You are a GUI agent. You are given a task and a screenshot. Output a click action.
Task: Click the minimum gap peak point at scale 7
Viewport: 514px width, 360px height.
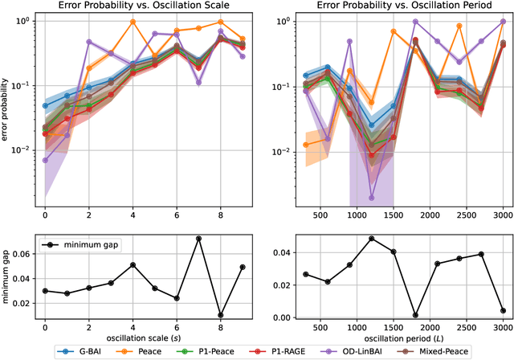tap(198, 239)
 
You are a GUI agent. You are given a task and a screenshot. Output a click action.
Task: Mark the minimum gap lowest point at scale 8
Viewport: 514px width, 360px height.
tap(220, 315)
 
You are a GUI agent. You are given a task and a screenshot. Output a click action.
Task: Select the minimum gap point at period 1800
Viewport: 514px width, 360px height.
tap(415, 315)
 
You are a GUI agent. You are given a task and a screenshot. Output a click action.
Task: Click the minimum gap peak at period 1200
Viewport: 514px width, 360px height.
tap(371, 239)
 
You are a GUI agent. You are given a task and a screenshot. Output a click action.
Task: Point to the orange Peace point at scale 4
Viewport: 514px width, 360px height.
tap(133, 22)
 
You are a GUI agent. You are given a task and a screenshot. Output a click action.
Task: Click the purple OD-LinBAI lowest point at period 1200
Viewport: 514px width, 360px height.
tap(371, 197)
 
